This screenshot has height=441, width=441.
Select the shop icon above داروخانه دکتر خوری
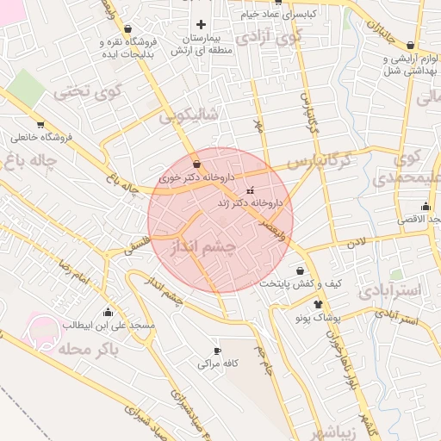(198, 163)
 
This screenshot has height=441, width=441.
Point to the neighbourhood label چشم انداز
(203, 248)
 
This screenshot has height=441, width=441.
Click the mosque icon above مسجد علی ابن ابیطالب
(108, 311)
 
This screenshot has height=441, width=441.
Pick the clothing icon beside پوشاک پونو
(319, 304)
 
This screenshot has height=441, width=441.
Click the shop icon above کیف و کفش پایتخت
(300, 270)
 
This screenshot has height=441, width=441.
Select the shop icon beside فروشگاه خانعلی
(40, 123)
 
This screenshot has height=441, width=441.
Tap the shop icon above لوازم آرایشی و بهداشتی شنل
(409, 45)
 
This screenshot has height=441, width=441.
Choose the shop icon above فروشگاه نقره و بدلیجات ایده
(128, 28)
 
